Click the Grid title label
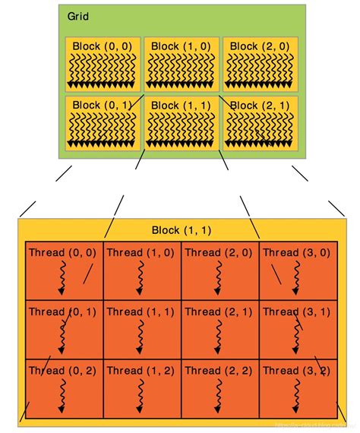(77, 17)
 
